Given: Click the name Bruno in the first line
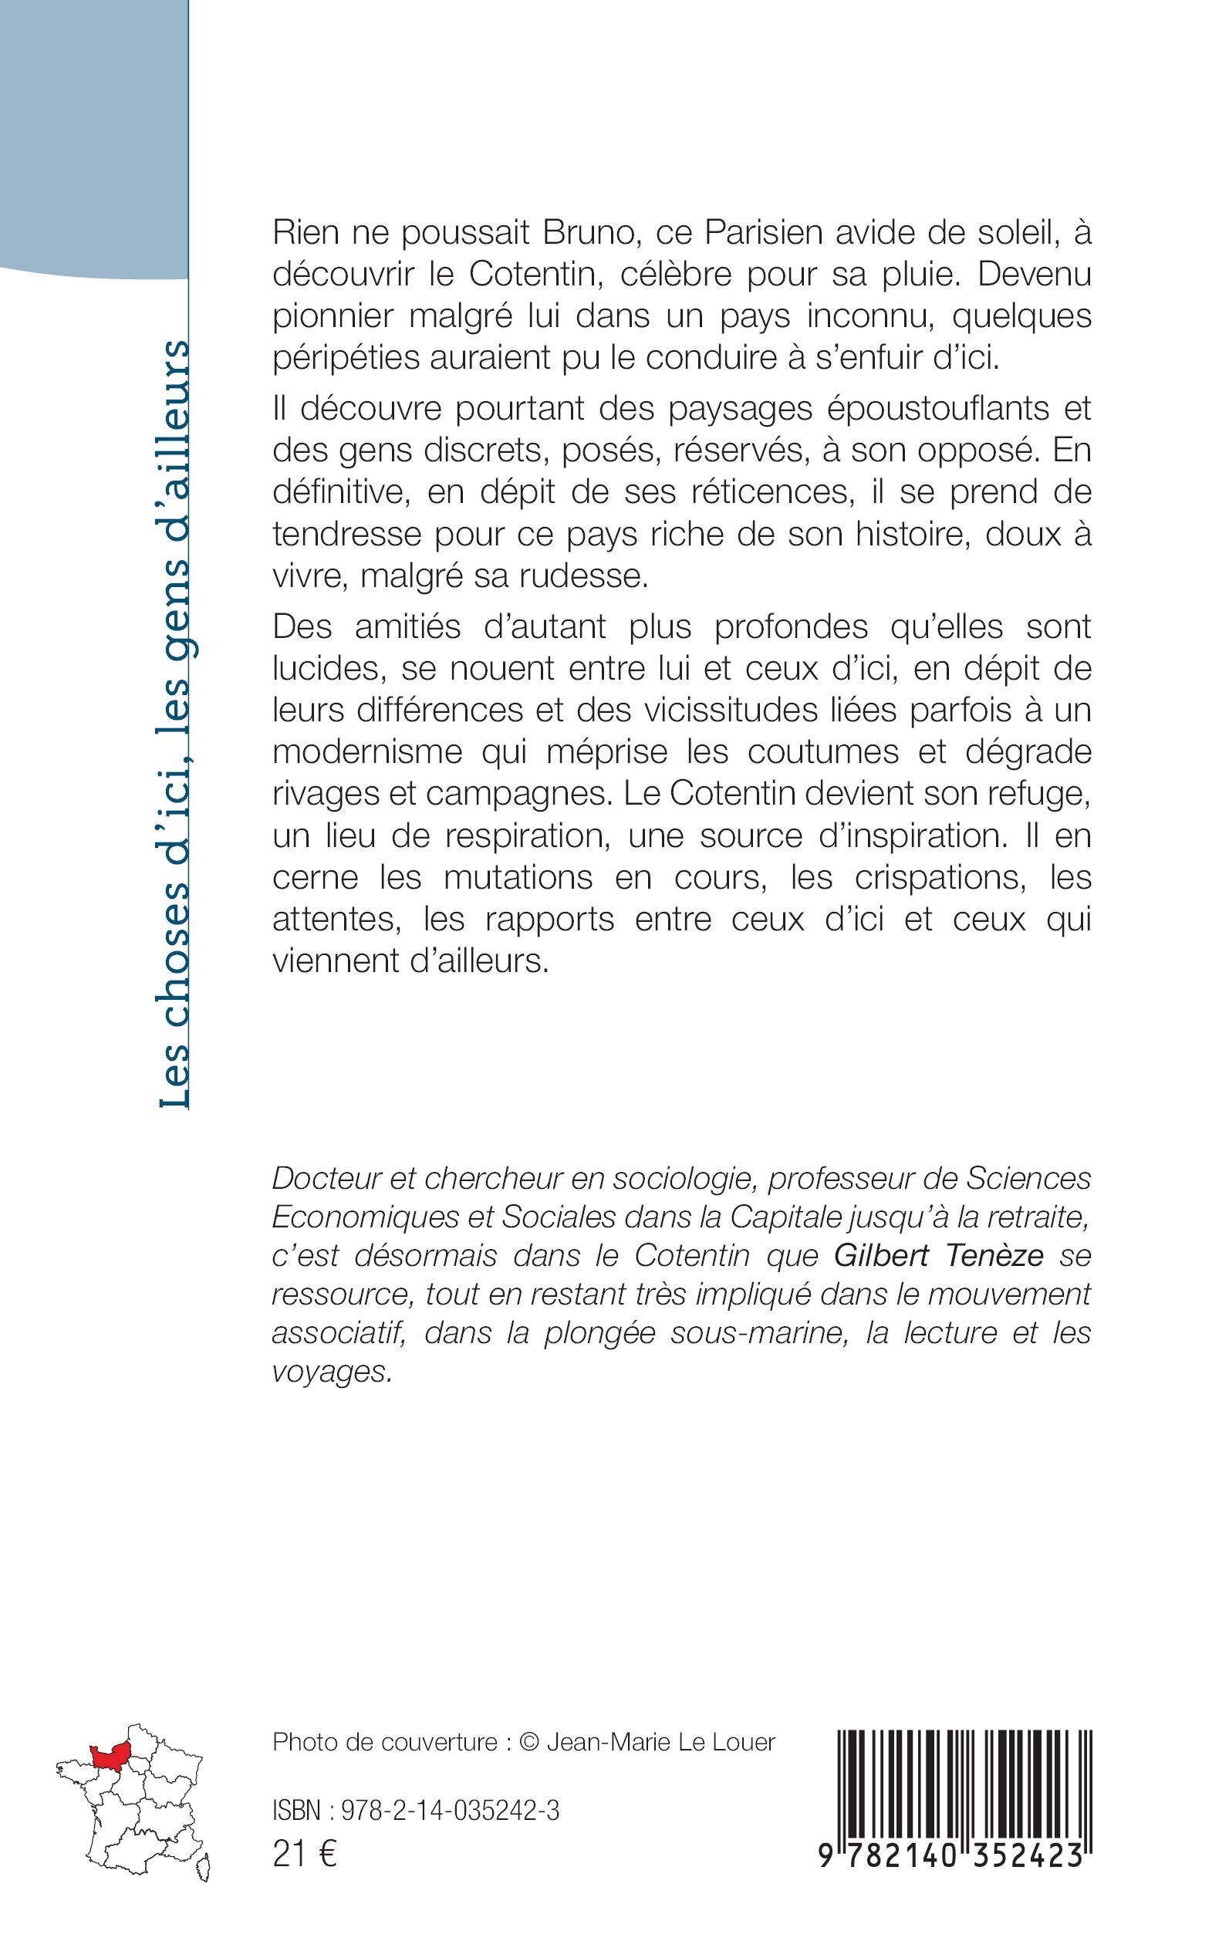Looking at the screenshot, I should pyautogui.click(x=589, y=233).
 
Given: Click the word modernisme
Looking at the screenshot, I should pyautogui.click(x=367, y=752).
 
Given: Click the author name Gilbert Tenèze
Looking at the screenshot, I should pyautogui.click(x=939, y=1256).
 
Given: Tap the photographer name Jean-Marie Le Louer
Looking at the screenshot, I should pyautogui.click(x=661, y=1742).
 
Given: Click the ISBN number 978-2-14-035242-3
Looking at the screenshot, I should pyautogui.click(x=451, y=1811).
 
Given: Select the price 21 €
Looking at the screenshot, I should pyautogui.click(x=305, y=1854).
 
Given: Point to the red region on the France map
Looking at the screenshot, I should pyautogui.click(x=113, y=1758).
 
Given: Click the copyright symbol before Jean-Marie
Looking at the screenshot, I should pyautogui.click(x=529, y=1742).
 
